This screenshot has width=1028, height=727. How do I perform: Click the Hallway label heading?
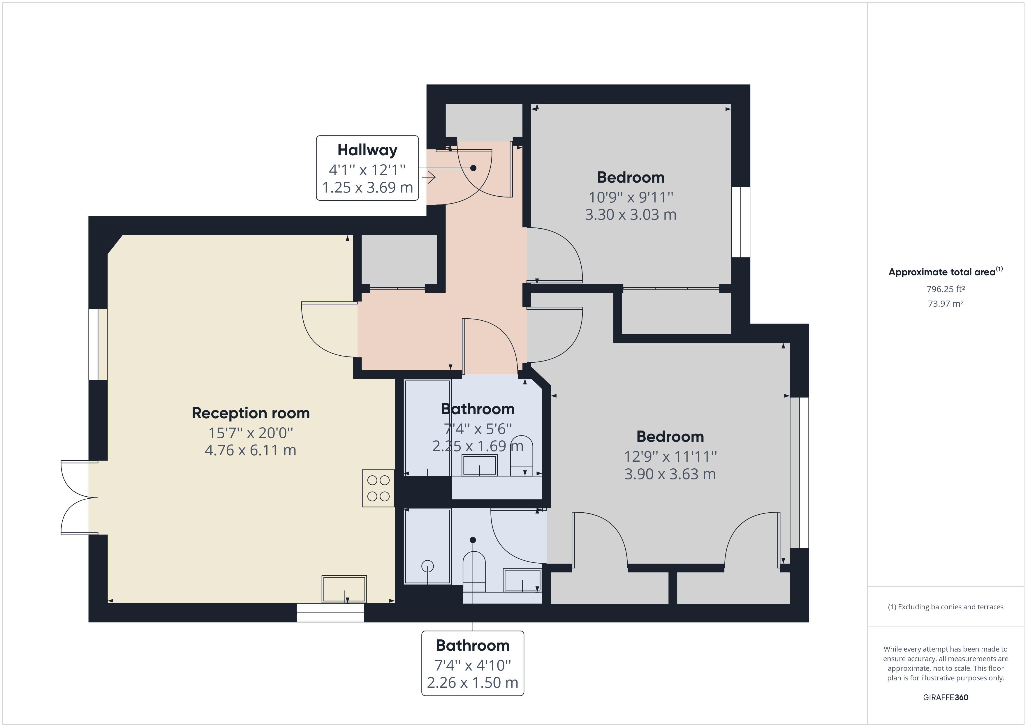(x=367, y=150)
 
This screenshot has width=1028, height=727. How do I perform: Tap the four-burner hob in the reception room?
(x=378, y=488)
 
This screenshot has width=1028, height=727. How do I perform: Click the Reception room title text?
(x=251, y=413)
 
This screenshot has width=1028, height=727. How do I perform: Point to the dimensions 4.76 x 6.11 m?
(x=251, y=450)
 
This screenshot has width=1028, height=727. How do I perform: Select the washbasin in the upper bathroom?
(x=480, y=465)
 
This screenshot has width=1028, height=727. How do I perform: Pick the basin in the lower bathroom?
(x=522, y=580)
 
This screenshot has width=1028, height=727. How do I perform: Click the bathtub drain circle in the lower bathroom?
(x=427, y=566)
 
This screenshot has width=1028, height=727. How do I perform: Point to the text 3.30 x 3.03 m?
(x=631, y=214)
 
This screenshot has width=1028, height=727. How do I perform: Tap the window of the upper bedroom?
(x=741, y=222)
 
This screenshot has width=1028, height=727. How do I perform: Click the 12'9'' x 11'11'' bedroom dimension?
(x=670, y=457)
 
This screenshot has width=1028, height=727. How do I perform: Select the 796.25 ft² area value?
(x=946, y=289)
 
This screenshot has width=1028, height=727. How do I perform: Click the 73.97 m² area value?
(x=946, y=303)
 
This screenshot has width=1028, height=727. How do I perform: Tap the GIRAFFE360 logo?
(x=946, y=697)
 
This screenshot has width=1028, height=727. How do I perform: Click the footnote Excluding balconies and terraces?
(x=946, y=607)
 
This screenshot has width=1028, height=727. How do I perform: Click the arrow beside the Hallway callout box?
(x=429, y=177)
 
